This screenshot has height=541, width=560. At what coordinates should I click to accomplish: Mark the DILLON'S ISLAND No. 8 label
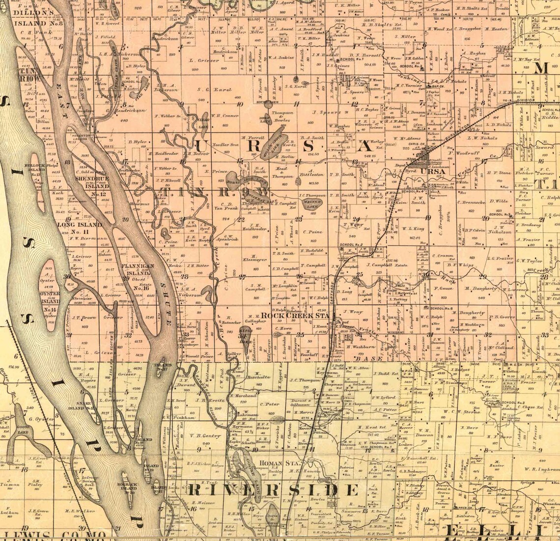pyautogui.click(x=38, y=19)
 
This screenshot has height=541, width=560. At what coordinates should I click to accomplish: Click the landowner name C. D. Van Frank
pyautogui.click(x=226, y=206)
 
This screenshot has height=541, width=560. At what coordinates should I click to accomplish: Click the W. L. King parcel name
pyautogui.click(x=413, y=228)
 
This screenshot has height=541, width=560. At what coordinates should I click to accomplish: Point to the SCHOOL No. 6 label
pyautogui.click(x=441, y=308)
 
